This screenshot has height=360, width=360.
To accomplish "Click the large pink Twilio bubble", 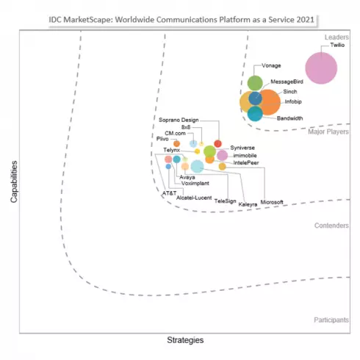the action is [321, 68].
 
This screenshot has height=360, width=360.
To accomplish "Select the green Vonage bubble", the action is [255, 83].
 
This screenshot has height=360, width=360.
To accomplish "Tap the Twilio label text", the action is [337, 45].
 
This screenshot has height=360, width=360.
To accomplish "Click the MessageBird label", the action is [287, 82].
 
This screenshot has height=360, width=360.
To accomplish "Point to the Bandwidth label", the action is [289, 118].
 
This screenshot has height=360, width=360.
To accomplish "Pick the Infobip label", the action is [293, 101].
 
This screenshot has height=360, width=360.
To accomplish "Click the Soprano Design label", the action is [179, 120].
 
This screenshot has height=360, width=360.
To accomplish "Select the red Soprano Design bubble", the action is [217, 144].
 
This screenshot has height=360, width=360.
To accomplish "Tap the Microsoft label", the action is [272, 202].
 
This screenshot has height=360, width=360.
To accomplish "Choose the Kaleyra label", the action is [248, 204].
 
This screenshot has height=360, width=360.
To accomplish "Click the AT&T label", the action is [169, 193].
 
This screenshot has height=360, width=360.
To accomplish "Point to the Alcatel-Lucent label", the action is [194, 198].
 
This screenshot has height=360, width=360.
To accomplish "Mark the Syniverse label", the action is [242, 148].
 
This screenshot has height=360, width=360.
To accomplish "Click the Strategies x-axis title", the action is [185, 340].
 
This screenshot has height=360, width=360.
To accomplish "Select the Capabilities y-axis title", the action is [14, 181].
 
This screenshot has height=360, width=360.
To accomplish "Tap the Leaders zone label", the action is [336, 37].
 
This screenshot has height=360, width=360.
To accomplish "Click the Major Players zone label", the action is [328, 132].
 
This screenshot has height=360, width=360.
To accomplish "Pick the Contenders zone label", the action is [331, 226].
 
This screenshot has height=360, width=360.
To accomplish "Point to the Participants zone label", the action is [331, 320].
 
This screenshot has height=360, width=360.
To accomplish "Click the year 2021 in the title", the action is [306, 20].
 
